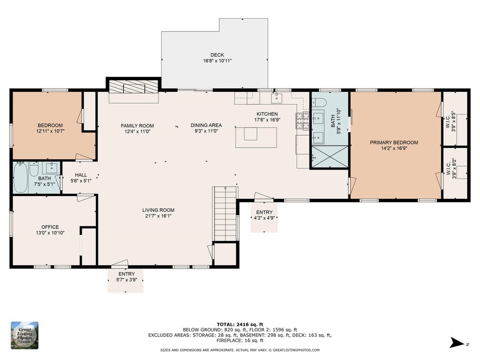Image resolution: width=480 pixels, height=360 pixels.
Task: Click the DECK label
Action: point(217,55)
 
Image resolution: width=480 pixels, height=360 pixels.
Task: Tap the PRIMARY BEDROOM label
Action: point(394,142)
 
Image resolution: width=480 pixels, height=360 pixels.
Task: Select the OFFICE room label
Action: point(50,227)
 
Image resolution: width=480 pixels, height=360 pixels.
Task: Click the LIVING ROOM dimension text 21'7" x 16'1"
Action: point(158,216)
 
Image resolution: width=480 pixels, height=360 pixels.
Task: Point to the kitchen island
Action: point(256,137)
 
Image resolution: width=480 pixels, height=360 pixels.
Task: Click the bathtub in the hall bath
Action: point(21,178)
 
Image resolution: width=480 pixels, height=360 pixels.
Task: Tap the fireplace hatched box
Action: point(134,87)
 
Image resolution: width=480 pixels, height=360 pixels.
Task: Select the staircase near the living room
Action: point(225,214)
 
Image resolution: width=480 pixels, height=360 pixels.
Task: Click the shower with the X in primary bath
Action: point(330,157)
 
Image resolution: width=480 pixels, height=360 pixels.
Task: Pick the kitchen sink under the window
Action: point(277,98)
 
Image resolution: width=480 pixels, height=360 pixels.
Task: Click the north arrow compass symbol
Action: point(457,343)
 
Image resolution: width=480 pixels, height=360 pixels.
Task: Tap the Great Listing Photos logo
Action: point(25,335)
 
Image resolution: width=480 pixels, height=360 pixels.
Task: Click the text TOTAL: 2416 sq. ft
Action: point(240,324)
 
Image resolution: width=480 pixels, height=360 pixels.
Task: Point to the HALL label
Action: point(81,175)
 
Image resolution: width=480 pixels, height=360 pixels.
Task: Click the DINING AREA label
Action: point(206,125)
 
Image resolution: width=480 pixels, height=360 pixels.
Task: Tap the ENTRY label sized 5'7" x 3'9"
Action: point(127,277)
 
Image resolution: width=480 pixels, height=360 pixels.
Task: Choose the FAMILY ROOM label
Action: point(137,126)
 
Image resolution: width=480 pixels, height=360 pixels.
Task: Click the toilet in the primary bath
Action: point(318,102)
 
